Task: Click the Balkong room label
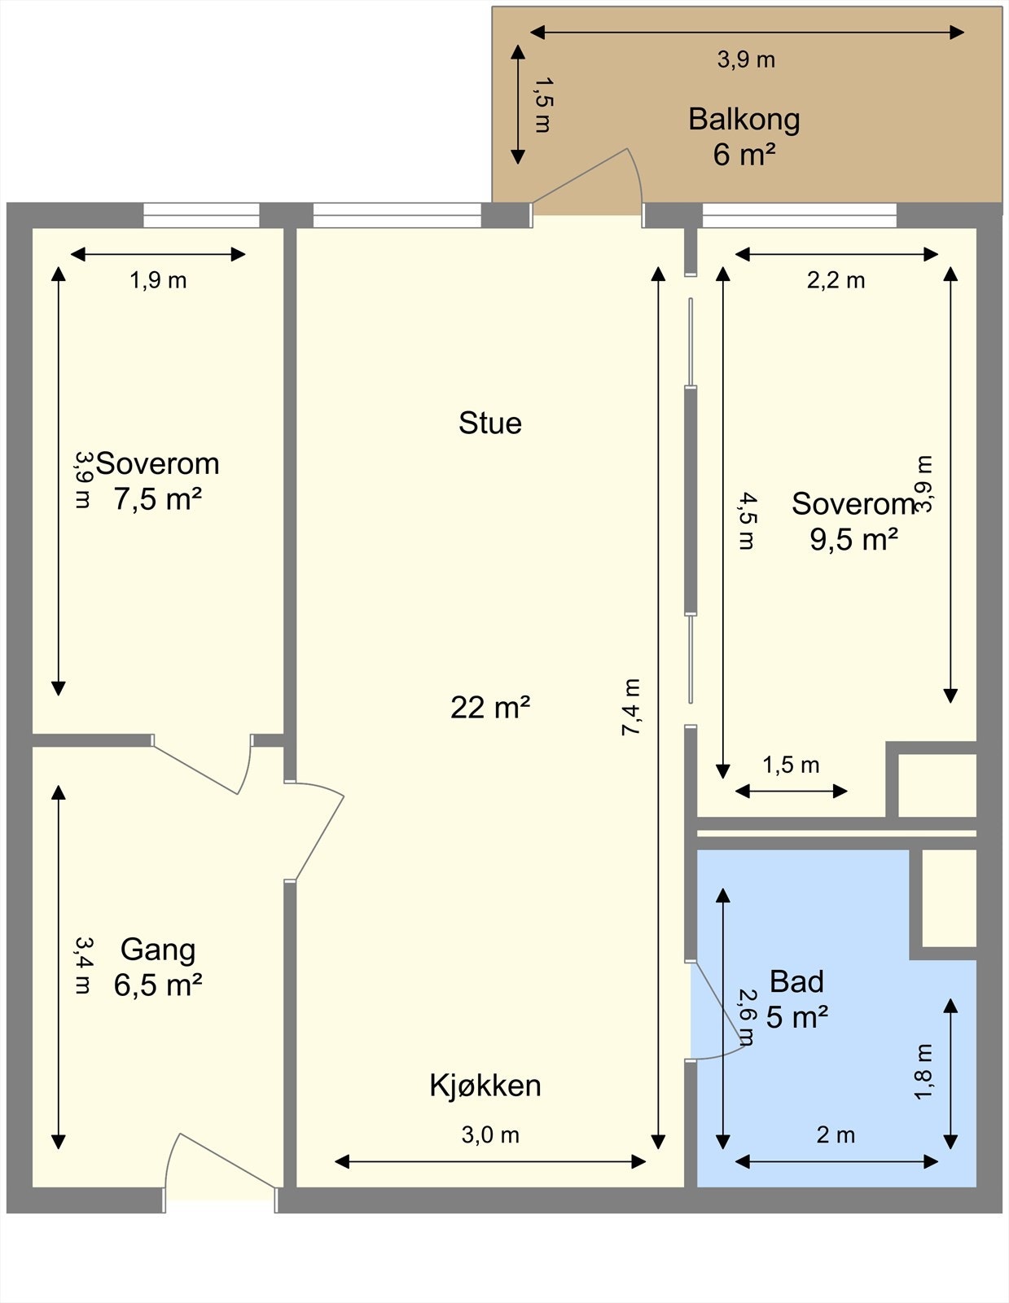744,119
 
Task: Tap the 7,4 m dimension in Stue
632,707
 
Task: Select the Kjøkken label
485,1086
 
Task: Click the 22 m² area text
490,707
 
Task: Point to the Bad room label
796,981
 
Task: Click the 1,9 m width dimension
158,280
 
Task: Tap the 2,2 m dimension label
836,280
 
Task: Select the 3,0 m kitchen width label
490,1134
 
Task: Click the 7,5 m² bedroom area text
157,498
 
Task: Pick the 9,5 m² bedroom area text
853,539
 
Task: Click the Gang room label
158,950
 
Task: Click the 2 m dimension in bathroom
836,1134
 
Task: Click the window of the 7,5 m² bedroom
201,216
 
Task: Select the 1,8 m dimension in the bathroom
923,1072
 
